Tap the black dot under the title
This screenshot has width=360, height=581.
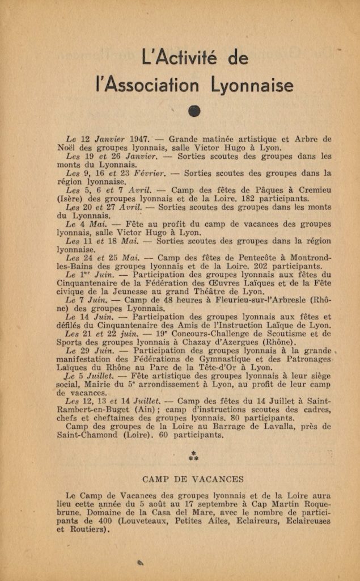pyautogui.click(x=194, y=112)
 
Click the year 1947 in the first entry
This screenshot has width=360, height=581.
pyautogui.click(x=139, y=138)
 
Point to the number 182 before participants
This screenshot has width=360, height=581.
pyautogui.click(x=233, y=199)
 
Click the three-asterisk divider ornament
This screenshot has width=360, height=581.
pyautogui.click(x=194, y=456)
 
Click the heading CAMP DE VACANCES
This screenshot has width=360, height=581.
pyautogui.click(x=194, y=479)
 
